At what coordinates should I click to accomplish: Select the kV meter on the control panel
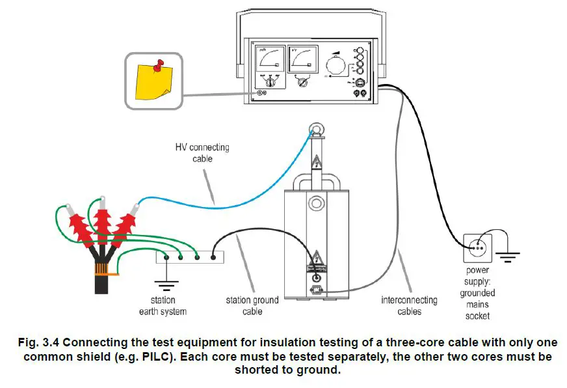[302, 63]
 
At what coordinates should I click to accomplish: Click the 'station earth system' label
[163, 306]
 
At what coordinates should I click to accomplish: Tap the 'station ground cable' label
[252, 306]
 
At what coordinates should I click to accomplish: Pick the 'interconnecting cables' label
[409, 306]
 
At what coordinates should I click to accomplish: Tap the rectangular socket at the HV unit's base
[317, 291]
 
